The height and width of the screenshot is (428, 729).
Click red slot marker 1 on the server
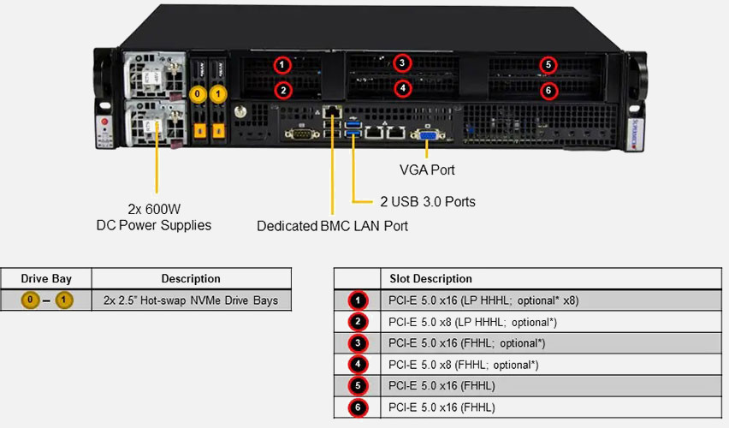[283, 65]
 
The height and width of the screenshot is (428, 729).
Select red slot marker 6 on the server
[548, 89]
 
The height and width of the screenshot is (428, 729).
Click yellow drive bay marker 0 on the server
[198, 92]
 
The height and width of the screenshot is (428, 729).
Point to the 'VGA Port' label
[427, 170]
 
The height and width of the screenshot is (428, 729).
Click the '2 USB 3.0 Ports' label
[427, 202]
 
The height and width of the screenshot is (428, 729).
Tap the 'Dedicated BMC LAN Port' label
[332, 226]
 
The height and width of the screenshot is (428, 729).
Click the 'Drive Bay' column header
[46, 278]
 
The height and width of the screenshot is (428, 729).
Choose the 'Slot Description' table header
[430, 278]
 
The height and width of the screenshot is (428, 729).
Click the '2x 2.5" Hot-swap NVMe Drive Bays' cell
[191, 300]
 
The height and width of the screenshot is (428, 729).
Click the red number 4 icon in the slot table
[357, 365]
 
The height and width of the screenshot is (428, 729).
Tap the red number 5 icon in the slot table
[357, 386]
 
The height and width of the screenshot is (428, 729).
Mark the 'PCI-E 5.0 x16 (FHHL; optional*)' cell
[466, 343]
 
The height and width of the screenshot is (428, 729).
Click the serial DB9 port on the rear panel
[299, 134]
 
